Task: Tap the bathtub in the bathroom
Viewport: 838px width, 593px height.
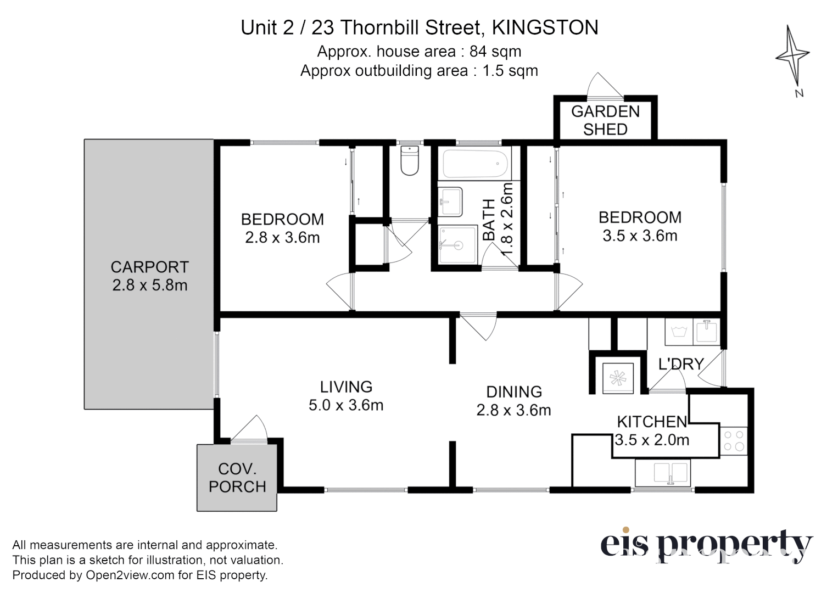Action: point(475,163)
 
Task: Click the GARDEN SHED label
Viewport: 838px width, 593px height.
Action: point(605,120)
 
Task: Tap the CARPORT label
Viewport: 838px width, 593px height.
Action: point(149,267)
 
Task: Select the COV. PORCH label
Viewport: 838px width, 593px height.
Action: point(237,478)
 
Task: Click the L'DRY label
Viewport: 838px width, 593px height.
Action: point(681,363)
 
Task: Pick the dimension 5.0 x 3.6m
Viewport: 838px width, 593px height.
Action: point(346,405)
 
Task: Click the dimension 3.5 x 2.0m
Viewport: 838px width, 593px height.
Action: point(652,440)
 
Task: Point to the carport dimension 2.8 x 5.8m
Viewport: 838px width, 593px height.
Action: point(149,286)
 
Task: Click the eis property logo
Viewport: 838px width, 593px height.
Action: point(706,545)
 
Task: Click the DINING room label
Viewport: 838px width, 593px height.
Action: point(514,391)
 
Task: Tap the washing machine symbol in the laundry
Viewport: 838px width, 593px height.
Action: point(680,332)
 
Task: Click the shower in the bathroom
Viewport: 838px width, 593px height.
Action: point(458,245)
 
